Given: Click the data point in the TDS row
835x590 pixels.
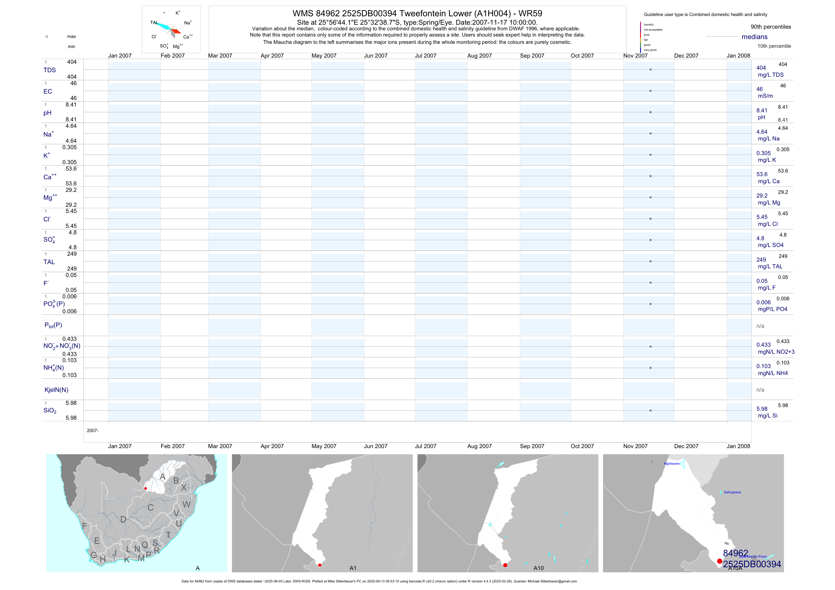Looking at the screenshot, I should [x=650, y=69].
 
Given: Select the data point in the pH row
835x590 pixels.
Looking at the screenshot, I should [x=650, y=112].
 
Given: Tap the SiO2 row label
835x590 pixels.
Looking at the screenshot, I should [x=50, y=410].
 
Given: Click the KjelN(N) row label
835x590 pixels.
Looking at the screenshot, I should [x=56, y=390].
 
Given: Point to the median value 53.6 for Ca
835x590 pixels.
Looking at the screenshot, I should [x=762, y=174].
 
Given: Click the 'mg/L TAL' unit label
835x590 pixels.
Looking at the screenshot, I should [x=770, y=266].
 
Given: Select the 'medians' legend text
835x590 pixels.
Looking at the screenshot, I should [x=754, y=37].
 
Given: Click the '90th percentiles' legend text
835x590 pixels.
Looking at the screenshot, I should [x=771, y=27].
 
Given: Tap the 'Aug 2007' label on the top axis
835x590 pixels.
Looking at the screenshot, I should [x=479, y=56].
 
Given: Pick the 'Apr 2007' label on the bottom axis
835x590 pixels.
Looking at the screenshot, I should [x=272, y=446].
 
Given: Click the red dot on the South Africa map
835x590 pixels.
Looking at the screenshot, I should [x=146, y=488].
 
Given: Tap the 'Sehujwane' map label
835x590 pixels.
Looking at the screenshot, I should [x=732, y=492].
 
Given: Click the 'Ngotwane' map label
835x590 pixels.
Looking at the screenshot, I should [x=671, y=464].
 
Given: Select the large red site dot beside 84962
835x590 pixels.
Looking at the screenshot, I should [x=719, y=561].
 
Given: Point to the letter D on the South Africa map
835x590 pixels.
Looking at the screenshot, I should [x=123, y=519].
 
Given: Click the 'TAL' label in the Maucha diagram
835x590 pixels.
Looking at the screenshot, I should [x=154, y=22].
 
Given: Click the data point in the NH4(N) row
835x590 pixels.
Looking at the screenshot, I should [x=650, y=368].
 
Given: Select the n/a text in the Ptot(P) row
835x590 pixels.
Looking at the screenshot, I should [x=760, y=326].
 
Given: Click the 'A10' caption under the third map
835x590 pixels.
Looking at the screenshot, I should [x=538, y=568].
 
